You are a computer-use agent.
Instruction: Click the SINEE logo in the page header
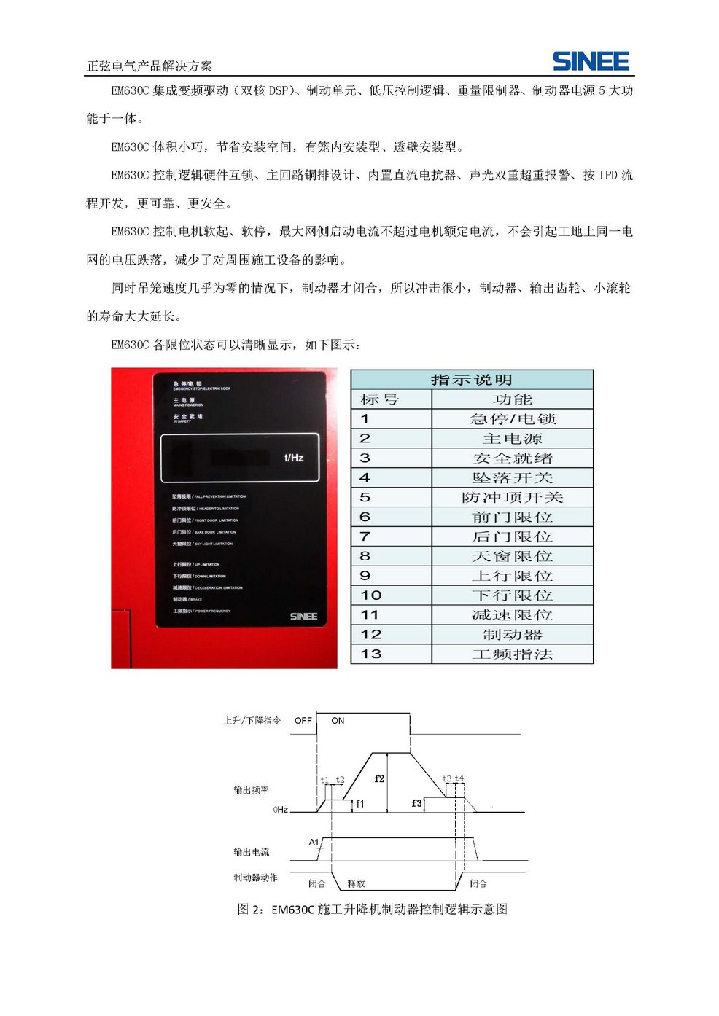pos(591,61)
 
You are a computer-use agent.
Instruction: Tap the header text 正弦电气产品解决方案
pos(149,66)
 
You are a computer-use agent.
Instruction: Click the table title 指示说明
pos(472,380)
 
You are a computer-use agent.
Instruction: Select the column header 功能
pos(512,399)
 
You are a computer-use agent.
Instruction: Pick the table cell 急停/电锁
pos(512,419)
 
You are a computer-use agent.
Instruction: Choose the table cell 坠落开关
pos(512,478)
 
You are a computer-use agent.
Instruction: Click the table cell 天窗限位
pos(512,556)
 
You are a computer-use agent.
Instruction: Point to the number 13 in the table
pos(370,654)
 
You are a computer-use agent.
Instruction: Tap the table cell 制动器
pos(512,634)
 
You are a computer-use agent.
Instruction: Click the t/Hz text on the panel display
pos(293,458)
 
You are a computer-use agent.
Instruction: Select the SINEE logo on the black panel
pos(303,617)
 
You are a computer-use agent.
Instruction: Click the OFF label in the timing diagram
pos(303,721)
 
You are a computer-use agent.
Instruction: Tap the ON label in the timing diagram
pos(338,721)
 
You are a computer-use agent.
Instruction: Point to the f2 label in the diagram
pos(379,778)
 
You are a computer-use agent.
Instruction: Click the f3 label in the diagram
pos(416,803)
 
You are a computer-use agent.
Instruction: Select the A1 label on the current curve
pos(314,842)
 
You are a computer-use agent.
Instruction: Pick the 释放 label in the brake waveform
pos(356,883)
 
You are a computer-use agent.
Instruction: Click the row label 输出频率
pos(251,790)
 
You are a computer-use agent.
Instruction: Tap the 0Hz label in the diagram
pos(280,810)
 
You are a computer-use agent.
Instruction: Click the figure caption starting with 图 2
pos(372,909)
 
